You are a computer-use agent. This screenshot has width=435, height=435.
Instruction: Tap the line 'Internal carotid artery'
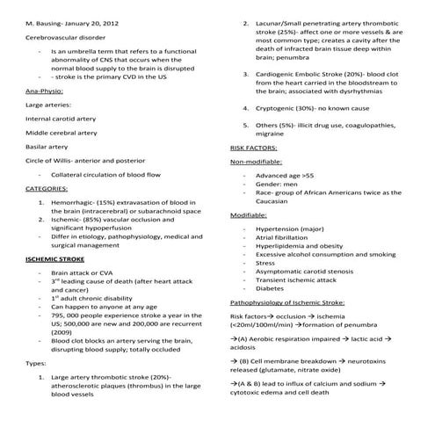pos(57,118)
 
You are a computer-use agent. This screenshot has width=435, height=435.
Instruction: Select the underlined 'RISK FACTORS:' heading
pos(255,149)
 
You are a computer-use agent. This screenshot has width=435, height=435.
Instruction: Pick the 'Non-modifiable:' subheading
pos(255,163)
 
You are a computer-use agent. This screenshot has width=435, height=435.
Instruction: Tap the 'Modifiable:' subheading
pos(249,214)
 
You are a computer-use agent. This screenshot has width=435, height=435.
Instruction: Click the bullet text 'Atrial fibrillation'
pos(285,237)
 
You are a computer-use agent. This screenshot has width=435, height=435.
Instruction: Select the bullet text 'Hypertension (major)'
pos(288,228)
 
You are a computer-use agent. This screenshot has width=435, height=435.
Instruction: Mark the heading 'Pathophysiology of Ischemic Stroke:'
pos(286,302)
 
